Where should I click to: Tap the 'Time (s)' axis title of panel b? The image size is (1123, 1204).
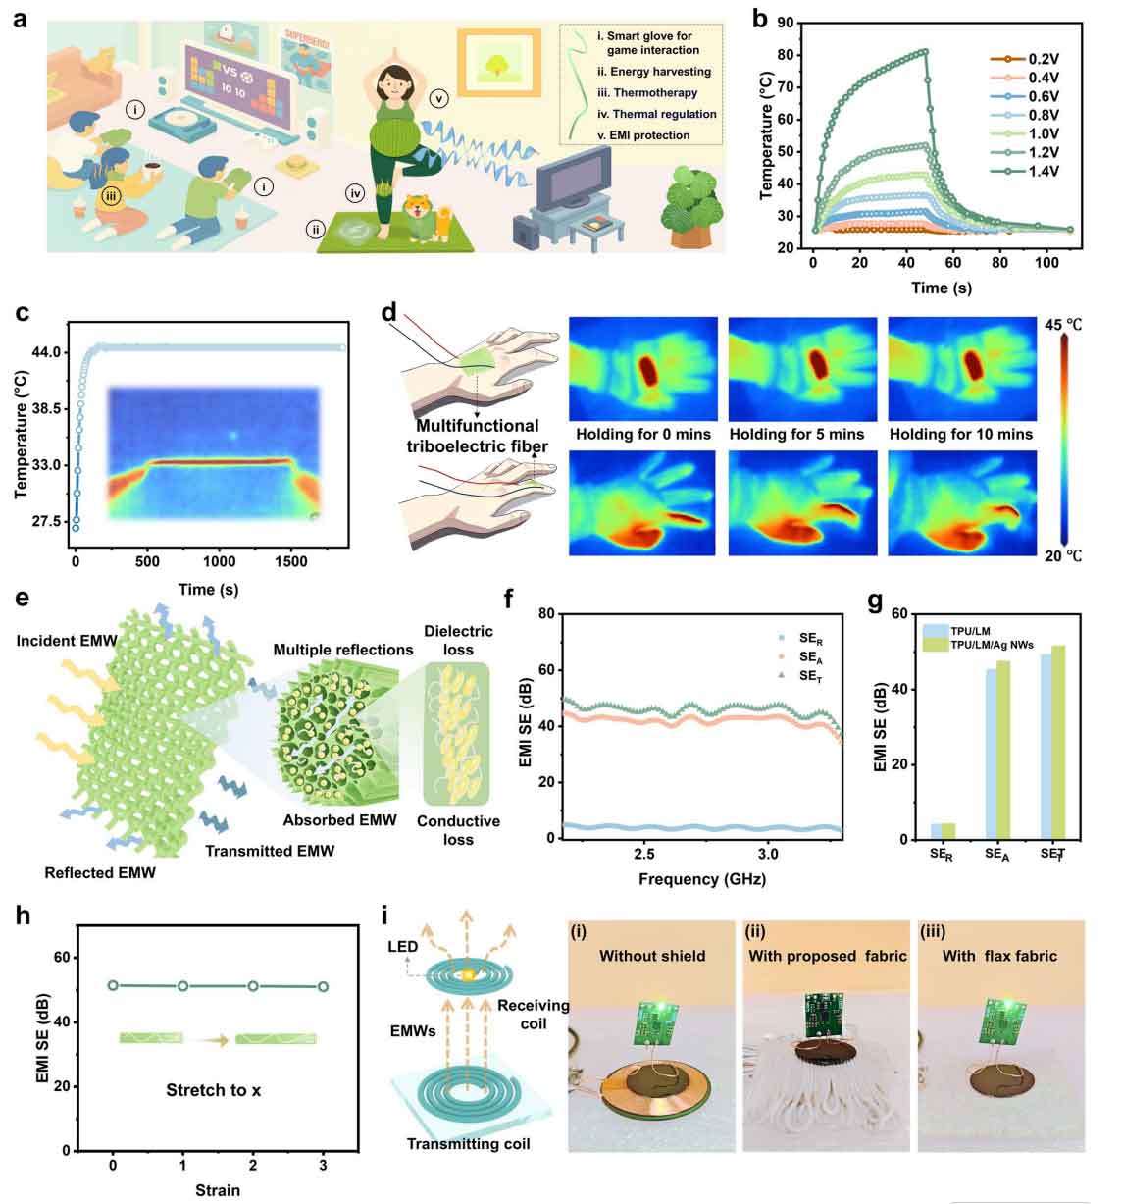(x=943, y=288)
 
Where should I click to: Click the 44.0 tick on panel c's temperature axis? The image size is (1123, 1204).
(x=49, y=351)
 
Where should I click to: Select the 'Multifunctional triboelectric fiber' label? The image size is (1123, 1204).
(x=477, y=435)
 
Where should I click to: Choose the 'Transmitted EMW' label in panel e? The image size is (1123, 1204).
(x=270, y=851)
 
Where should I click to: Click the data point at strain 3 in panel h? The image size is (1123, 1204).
(x=323, y=987)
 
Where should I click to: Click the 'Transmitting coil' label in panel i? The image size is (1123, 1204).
(x=468, y=1173)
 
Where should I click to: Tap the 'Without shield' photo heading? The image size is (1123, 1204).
(x=652, y=955)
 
